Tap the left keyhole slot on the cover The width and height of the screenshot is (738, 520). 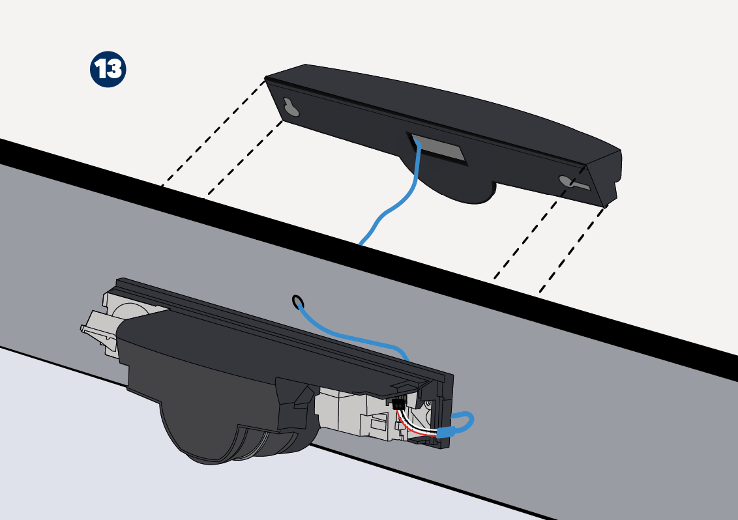291,107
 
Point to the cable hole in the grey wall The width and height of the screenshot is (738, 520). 297,301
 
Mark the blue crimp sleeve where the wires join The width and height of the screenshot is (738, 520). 446,431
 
